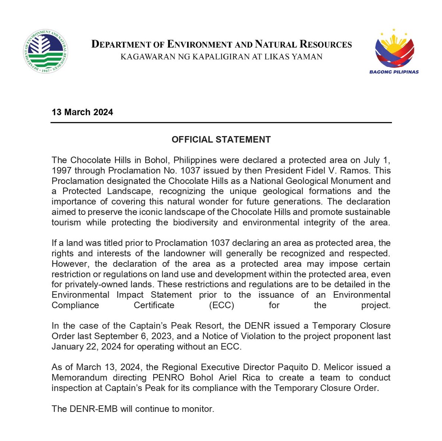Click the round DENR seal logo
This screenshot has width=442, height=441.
coord(45,50)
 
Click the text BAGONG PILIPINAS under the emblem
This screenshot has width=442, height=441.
coord(394,72)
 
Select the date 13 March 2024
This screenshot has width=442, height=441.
coord(82,112)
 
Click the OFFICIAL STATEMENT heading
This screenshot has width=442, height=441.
coord(221,140)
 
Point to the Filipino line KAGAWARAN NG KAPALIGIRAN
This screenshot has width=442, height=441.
coord(221,57)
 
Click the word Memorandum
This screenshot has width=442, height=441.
coord(79,377)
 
